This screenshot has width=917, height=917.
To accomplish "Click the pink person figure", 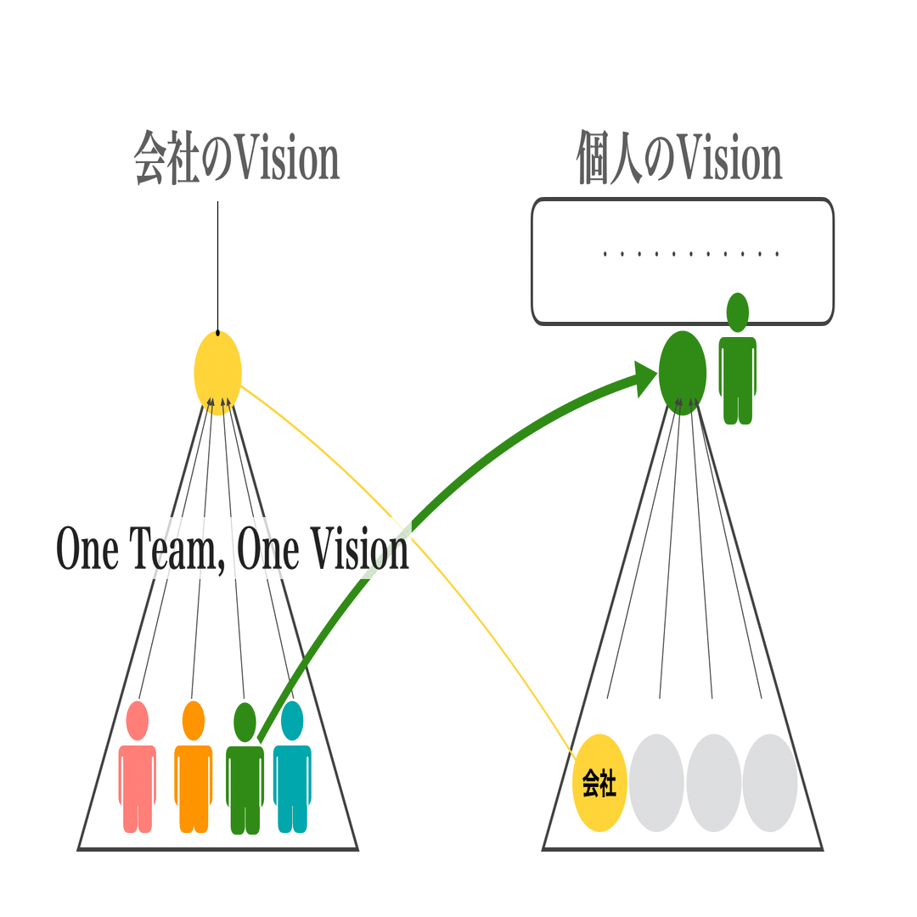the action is [x=138, y=766].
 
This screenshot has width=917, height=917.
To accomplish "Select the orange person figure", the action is [x=194, y=766].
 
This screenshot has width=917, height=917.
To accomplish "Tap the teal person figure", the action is [x=292, y=766].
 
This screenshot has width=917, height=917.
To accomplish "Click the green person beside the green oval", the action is [x=738, y=358].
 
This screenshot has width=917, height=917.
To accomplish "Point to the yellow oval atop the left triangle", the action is [x=217, y=373].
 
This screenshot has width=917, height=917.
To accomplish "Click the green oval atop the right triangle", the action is [x=683, y=373].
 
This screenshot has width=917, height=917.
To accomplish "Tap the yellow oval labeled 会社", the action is [x=599, y=783].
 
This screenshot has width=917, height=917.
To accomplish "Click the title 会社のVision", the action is [x=237, y=158].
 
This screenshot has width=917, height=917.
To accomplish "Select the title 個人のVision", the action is [x=679, y=158].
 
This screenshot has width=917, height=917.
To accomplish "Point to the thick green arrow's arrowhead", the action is [x=645, y=379].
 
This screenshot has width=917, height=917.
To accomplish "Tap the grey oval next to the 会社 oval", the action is [x=656, y=783].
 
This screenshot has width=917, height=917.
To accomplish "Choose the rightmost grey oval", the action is [x=770, y=783].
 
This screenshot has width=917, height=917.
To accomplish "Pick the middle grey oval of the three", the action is [x=713, y=783].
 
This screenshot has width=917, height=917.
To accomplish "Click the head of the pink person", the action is [x=138, y=721].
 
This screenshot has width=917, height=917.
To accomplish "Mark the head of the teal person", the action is [x=292, y=721].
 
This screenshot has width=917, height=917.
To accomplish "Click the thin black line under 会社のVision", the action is [x=217, y=267].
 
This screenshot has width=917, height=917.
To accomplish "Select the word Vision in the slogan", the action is [x=359, y=549].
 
